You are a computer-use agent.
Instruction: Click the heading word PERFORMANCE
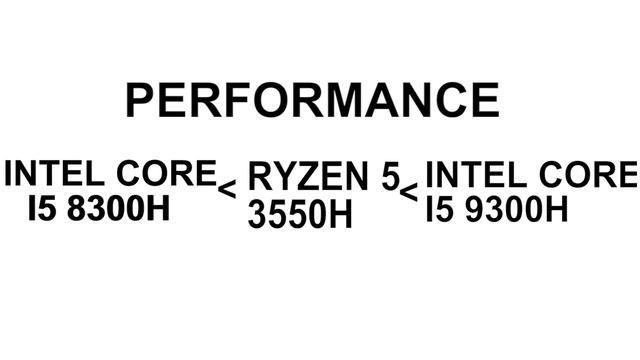pyautogui.click(x=313, y=100)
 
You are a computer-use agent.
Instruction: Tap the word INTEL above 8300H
pyautogui.click(x=55, y=173)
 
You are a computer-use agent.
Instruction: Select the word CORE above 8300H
pyautogui.click(x=167, y=173)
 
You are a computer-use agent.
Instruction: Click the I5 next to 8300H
pyautogui.click(x=42, y=208)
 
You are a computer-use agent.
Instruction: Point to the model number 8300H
pyautogui.click(x=118, y=208)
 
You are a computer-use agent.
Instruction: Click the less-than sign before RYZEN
pyautogui.click(x=227, y=189)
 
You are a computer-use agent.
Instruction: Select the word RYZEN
pyautogui.click(x=308, y=176)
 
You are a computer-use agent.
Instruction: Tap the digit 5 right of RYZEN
pyautogui.click(x=390, y=176)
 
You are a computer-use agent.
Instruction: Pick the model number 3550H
pyautogui.click(x=300, y=214)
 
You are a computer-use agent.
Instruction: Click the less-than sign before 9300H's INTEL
pyautogui.click(x=409, y=193)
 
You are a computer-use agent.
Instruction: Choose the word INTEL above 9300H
pyautogui.click(x=476, y=174)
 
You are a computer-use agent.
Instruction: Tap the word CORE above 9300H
pyautogui.click(x=588, y=174)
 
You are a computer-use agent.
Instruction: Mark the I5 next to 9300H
pyautogui.click(x=439, y=209)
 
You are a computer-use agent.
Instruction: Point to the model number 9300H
pyautogui.click(x=516, y=209)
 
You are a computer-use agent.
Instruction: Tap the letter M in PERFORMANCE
pyautogui.click(x=340, y=100)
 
